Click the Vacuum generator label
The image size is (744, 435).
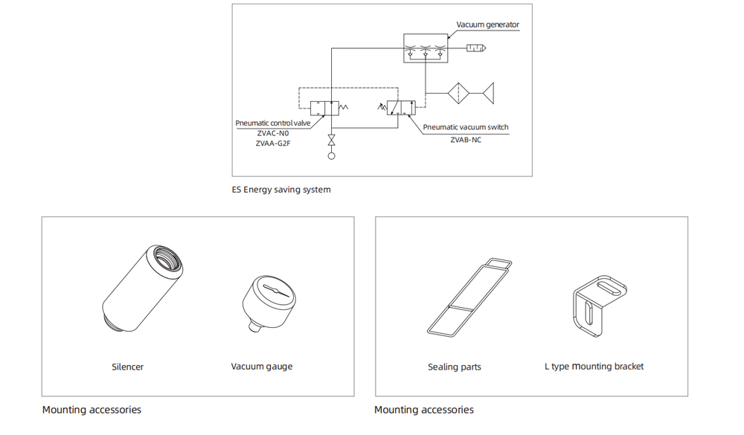point(487,25)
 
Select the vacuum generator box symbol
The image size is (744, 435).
point(426,48)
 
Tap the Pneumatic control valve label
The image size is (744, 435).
point(273,123)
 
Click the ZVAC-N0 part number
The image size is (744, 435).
point(273,134)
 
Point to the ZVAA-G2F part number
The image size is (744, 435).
point(273,144)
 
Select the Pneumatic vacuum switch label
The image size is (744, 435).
point(466,127)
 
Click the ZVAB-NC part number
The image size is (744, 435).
point(466,139)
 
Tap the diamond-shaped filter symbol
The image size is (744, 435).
point(459,94)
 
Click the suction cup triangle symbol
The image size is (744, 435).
point(488,94)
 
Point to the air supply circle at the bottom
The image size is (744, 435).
point(332,155)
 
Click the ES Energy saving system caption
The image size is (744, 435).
point(281,190)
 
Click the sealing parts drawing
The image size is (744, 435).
point(469,296)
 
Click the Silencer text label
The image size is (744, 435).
point(127,367)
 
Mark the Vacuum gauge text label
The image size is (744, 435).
point(262,367)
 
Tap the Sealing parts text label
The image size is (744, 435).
point(455,367)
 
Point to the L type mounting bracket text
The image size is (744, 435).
point(594,367)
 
